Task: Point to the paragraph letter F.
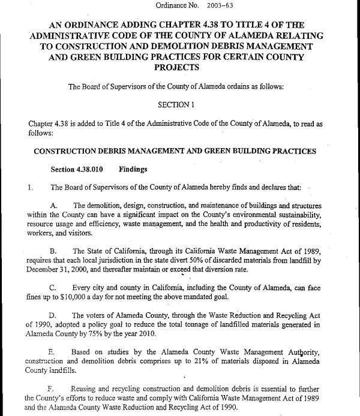[53, 388]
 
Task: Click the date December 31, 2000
[55, 269]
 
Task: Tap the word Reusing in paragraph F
[86, 388]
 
